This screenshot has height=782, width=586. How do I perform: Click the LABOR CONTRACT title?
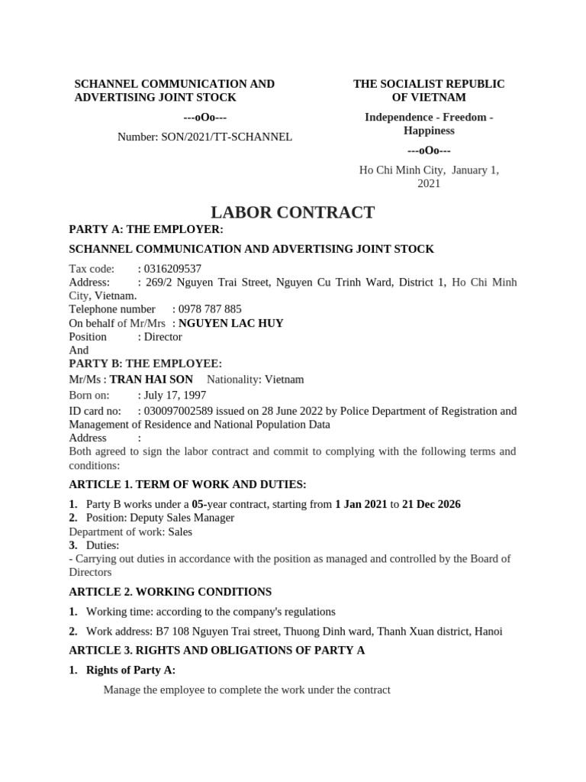pos(292,212)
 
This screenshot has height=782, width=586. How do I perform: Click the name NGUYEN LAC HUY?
pos(230,323)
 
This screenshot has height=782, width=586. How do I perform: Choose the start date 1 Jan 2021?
pos(361,504)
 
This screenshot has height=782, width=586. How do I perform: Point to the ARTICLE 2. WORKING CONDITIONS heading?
pos(170,592)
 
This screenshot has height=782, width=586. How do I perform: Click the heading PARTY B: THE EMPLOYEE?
pos(145,364)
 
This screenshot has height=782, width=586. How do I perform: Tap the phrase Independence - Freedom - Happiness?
pos(429,124)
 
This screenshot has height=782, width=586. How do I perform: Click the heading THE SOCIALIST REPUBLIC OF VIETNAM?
pos(429,90)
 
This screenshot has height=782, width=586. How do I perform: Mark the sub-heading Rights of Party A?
pos(130,670)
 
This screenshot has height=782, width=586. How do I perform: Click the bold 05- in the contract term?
pos(199,504)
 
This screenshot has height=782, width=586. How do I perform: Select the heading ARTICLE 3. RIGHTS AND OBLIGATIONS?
pos(217,650)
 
